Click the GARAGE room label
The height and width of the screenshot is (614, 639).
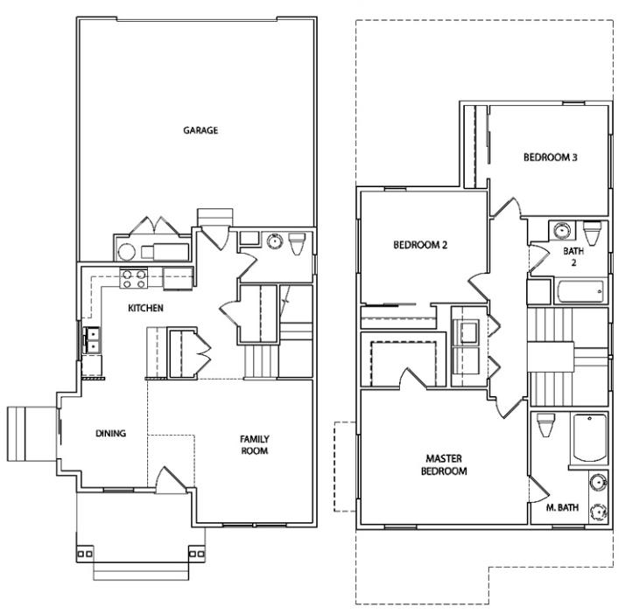click(x=200, y=130)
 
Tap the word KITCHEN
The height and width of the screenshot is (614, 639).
click(x=145, y=308)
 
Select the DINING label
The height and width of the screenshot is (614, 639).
click(x=110, y=434)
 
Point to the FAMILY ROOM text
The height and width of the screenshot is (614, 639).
click(x=255, y=445)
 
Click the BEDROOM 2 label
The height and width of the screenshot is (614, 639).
click(x=420, y=245)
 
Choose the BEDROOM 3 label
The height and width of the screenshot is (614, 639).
click(x=551, y=157)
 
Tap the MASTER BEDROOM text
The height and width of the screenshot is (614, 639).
click(x=444, y=465)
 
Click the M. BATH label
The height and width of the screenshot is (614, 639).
click(x=562, y=507)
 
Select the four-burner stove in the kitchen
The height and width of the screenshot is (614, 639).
click(x=133, y=278)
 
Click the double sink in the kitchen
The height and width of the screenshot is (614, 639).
click(x=92, y=340)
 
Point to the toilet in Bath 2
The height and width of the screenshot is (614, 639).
click(x=592, y=232)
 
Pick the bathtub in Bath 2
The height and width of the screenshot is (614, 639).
click(x=580, y=291)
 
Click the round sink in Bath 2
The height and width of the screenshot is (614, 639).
click(x=562, y=230)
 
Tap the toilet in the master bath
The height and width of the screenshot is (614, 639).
click(x=546, y=425)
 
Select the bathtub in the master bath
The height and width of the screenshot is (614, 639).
click(x=590, y=438)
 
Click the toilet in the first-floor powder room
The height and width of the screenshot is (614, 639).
click(x=297, y=243)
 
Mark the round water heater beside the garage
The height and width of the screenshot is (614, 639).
click(x=126, y=252)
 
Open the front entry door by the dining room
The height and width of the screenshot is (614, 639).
click(x=172, y=481)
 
